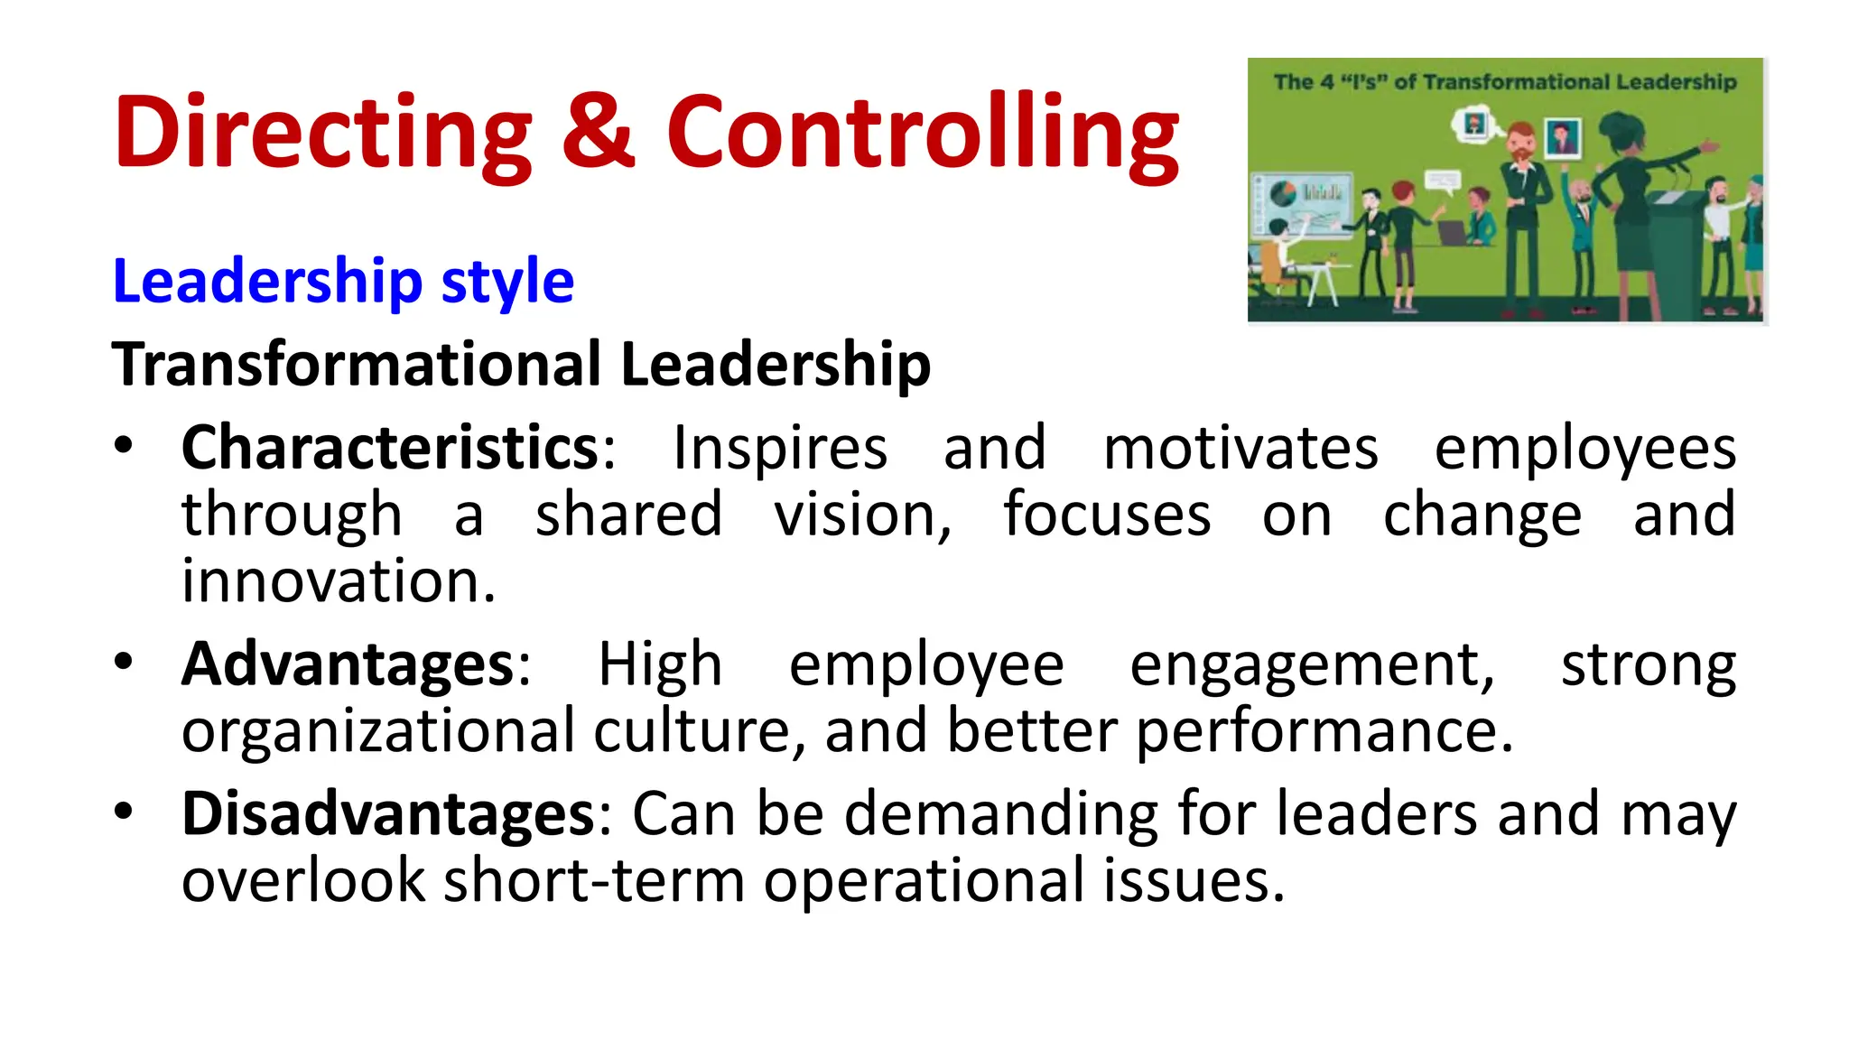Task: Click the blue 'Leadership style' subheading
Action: [343, 282]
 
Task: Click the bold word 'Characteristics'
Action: [391, 448]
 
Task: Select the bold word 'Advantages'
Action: [348, 665]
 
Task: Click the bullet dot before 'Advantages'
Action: [124, 662]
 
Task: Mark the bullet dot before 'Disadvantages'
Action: [124, 811]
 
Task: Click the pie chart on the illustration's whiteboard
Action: [1283, 193]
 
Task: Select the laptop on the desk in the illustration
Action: [1454, 233]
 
